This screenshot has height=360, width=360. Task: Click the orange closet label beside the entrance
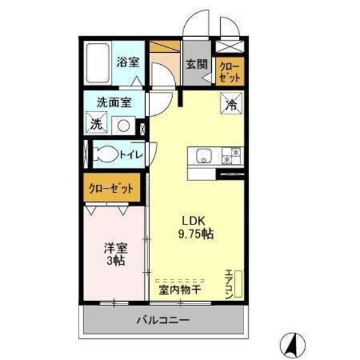coord(230,71)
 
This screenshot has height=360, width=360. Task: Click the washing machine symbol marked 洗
coord(96,125)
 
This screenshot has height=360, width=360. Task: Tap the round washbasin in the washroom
coord(123,125)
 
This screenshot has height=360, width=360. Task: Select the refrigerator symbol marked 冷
coord(231,103)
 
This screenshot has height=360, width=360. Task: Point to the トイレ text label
coord(130,155)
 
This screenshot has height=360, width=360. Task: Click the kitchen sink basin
coord(202,157)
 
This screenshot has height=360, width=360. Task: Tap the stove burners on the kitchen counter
coord(231,156)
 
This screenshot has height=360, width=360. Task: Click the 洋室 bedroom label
coord(115,248)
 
